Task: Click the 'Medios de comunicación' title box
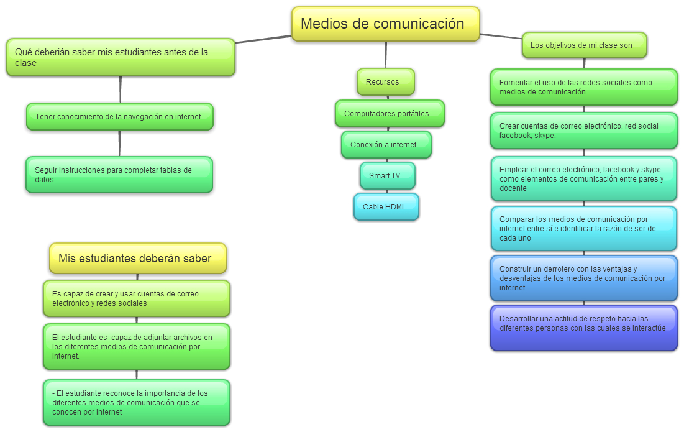coord(385,24)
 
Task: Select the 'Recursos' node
coord(385,81)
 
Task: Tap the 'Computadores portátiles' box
coord(390,114)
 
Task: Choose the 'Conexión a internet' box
coord(386,145)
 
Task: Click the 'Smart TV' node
coord(387,176)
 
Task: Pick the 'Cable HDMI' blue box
coord(386,207)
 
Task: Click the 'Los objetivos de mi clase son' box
coord(584,45)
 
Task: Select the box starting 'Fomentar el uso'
coord(583,87)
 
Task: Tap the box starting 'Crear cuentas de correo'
coord(583,131)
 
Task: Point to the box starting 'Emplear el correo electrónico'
coord(583,178)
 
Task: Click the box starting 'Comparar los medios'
coord(583,228)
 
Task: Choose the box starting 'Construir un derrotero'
coord(583,278)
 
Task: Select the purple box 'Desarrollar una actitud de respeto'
coord(583,328)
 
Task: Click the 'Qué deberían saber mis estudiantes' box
coord(121,57)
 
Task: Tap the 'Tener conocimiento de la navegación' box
coord(120,116)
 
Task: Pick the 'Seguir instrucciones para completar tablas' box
coord(119,175)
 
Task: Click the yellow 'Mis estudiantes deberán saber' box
coord(137,259)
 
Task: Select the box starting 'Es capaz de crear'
coord(137,298)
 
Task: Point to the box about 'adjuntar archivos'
coord(137,346)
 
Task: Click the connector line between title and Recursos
coord(386,55)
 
